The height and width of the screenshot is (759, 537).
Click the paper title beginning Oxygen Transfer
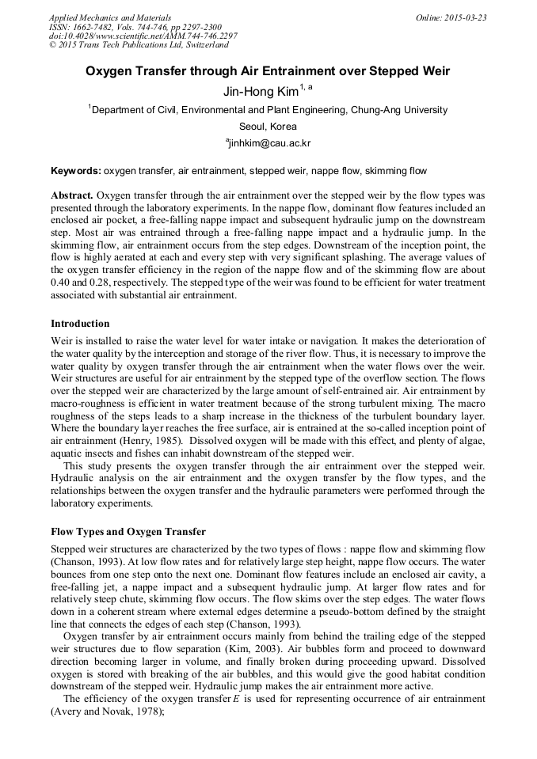point(268,71)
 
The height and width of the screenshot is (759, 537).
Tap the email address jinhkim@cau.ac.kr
point(270,143)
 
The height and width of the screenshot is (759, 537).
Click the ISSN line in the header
point(135,28)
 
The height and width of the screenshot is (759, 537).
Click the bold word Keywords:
point(75,171)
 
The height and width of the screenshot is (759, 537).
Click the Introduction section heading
point(80,324)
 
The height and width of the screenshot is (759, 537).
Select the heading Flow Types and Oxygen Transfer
point(128,531)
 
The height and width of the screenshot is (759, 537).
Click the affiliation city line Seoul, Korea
point(268,127)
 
